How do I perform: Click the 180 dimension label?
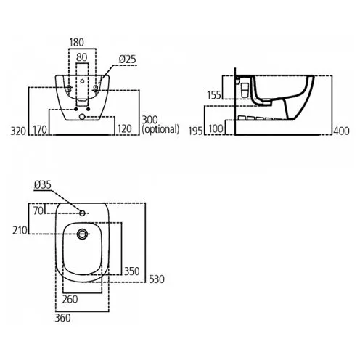coord(76,43)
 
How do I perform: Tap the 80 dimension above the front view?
coord(81,57)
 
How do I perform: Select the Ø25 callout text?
coord(127,60)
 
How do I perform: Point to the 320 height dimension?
coord(18,131)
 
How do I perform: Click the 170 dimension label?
coord(40,130)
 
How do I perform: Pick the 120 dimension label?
coord(124,129)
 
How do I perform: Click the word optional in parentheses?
coord(160,129)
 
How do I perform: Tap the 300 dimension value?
coord(150,120)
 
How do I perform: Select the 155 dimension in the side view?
coord(214,95)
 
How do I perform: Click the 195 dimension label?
coord(195,131)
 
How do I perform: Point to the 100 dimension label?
coord(216,129)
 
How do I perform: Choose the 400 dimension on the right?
coord(341,131)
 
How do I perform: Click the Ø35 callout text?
coord(43,185)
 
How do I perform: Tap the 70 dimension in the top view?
coord(38,210)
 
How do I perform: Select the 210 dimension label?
coord(20,231)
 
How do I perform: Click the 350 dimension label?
coord(132,271)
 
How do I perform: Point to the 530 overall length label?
coord(157,279)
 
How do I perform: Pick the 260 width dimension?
coord(70,300)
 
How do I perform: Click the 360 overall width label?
coord(62,318)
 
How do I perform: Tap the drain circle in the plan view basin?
coord(82,234)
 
